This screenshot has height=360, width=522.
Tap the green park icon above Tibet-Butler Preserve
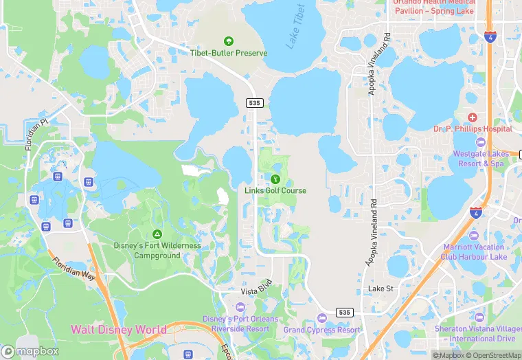click(228, 41)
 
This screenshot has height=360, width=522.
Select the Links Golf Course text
click(275, 190)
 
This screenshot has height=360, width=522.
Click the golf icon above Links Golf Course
click(275, 179)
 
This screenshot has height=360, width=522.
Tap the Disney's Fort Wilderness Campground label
click(157, 250)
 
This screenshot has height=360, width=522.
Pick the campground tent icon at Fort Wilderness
click(157, 235)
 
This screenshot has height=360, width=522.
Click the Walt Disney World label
click(118, 330)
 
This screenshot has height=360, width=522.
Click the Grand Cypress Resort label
click(321, 330)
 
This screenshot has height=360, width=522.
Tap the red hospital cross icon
click(471, 117)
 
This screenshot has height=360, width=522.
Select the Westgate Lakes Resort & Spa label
click(479, 159)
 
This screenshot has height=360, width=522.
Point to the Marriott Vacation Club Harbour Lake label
click(474, 251)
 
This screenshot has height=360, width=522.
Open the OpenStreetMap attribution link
click(492, 355)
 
